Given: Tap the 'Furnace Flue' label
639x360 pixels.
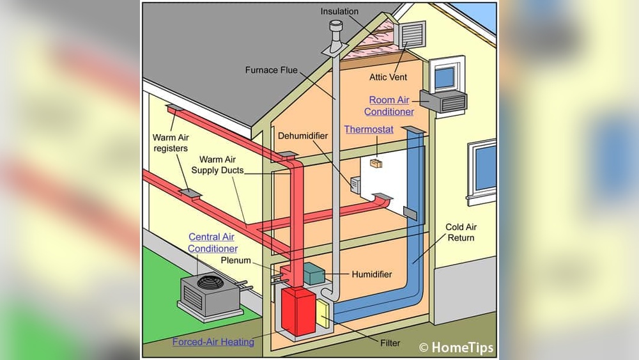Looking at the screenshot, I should pyautogui.click(x=272, y=70).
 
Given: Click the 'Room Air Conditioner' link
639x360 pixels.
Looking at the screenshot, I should pyautogui.click(x=389, y=106).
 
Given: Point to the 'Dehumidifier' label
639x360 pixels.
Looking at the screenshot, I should pyautogui.click(x=303, y=136).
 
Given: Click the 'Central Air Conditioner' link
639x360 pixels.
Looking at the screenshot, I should pyautogui.click(x=213, y=242).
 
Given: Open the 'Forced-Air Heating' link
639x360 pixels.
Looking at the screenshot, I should pyautogui.click(x=213, y=341).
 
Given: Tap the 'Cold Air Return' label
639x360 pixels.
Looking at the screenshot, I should pyautogui.click(x=461, y=232).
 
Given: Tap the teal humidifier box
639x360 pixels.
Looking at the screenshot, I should pyautogui.click(x=314, y=273).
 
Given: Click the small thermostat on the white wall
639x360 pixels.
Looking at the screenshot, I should pyautogui.click(x=376, y=164).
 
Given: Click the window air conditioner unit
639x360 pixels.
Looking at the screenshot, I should pyautogui.click(x=443, y=101).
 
